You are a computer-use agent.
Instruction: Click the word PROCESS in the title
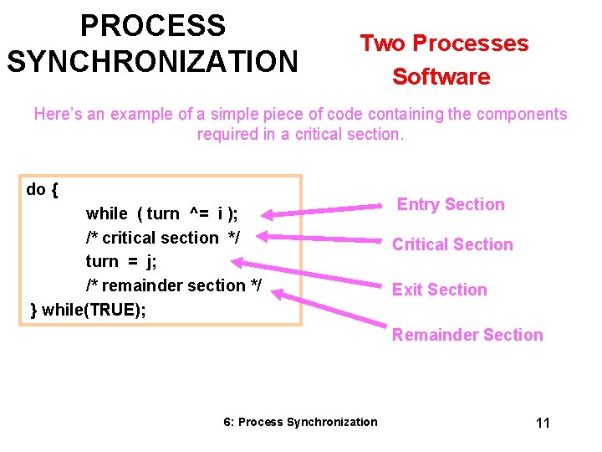point(153,26)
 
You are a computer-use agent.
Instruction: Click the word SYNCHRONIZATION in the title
point(151,61)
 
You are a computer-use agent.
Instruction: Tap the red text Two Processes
point(444,44)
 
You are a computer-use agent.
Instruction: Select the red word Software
point(441,77)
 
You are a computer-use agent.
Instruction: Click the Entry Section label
point(451,204)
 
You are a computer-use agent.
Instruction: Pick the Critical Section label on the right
point(452,244)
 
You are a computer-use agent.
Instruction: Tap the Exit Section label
point(440,290)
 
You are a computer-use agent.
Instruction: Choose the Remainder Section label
point(467,335)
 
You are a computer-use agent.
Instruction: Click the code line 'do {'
point(42,189)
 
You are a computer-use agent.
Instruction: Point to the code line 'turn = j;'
point(121,261)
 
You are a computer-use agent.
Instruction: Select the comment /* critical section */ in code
point(162,238)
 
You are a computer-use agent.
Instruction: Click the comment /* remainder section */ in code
point(173,285)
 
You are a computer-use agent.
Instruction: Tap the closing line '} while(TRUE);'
point(88,310)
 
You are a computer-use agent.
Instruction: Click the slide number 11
point(543,423)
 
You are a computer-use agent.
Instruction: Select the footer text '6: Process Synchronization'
point(300,422)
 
